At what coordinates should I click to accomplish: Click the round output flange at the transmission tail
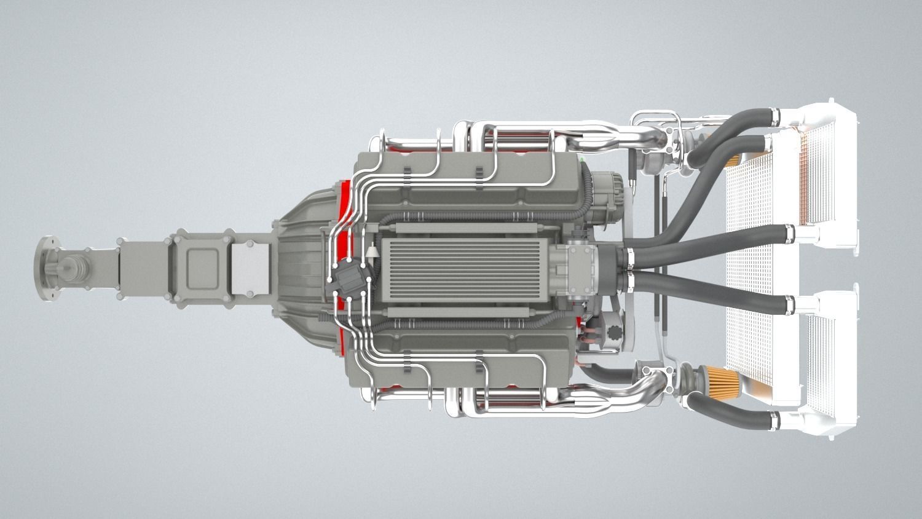pos(44,268)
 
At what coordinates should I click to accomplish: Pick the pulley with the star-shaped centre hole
pos(615,336)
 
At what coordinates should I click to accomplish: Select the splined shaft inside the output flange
pos(71,269)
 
